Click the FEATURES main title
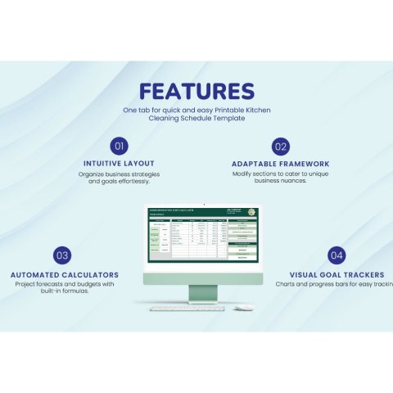point(196,91)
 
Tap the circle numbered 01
point(119,147)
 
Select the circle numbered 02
point(281,147)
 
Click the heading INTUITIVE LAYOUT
point(119,163)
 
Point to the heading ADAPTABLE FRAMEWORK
point(281,163)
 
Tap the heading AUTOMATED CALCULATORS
point(65,275)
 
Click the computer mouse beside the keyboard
point(243,308)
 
